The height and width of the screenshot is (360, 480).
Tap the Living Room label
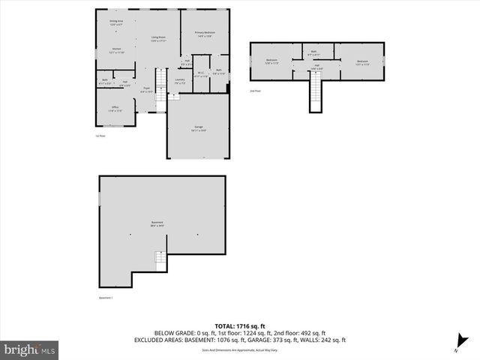click(x=157, y=38)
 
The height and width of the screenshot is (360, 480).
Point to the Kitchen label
click(x=106, y=51)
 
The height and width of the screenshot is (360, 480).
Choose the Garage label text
click(x=199, y=128)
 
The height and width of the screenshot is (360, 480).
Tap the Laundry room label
click(x=180, y=80)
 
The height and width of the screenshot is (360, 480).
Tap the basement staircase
click(x=160, y=261)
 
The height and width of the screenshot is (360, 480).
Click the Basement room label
click(x=157, y=223)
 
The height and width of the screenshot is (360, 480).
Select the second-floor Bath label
click(x=314, y=53)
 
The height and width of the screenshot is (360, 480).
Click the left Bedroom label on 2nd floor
click(x=271, y=61)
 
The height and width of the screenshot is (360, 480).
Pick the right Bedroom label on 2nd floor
click(x=362, y=61)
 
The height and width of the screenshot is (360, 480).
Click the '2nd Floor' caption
click(x=255, y=91)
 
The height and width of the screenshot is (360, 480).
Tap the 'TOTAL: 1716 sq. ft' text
click(x=240, y=326)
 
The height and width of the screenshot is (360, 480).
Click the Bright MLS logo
click(x=30, y=349)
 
